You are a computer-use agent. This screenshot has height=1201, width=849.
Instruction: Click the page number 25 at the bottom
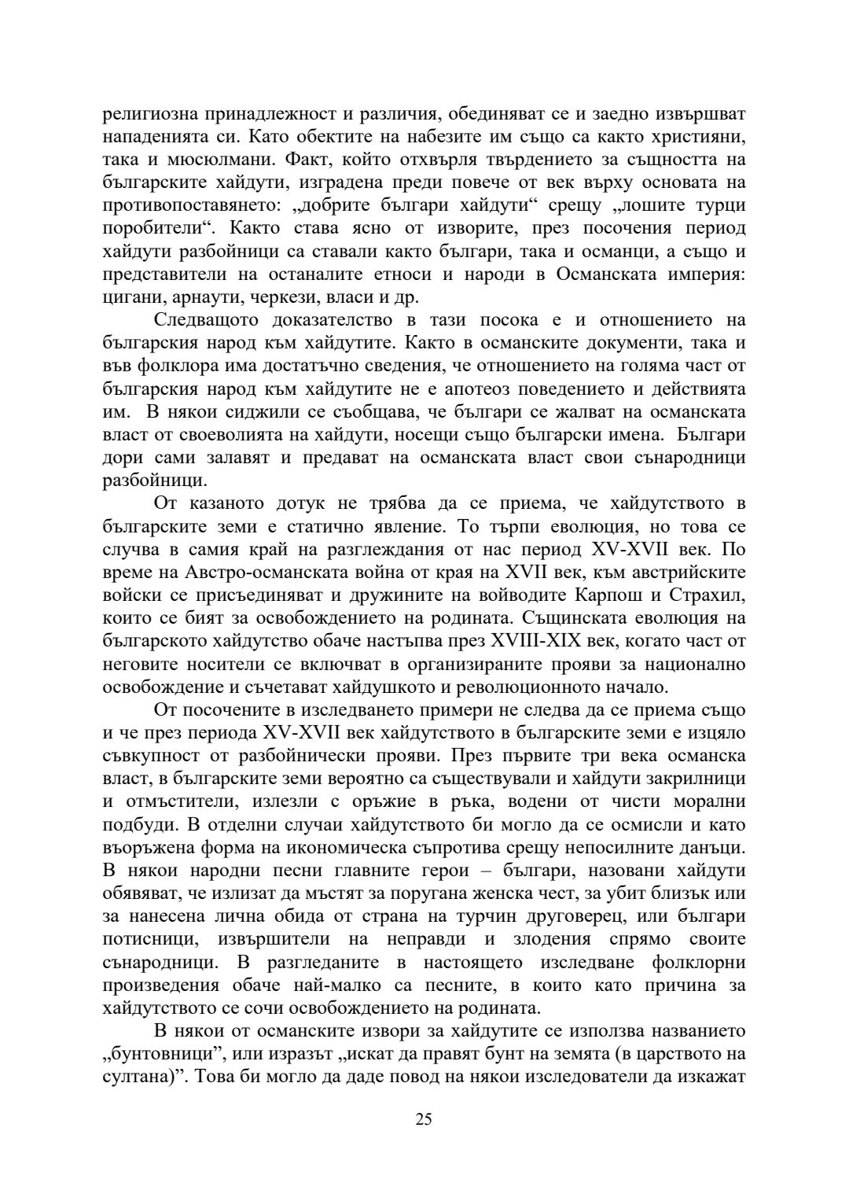click(x=424, y=1119)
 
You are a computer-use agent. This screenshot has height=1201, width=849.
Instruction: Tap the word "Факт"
click(x=281, y=160)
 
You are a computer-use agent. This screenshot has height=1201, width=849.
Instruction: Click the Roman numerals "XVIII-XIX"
click(x=531, y=639)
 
